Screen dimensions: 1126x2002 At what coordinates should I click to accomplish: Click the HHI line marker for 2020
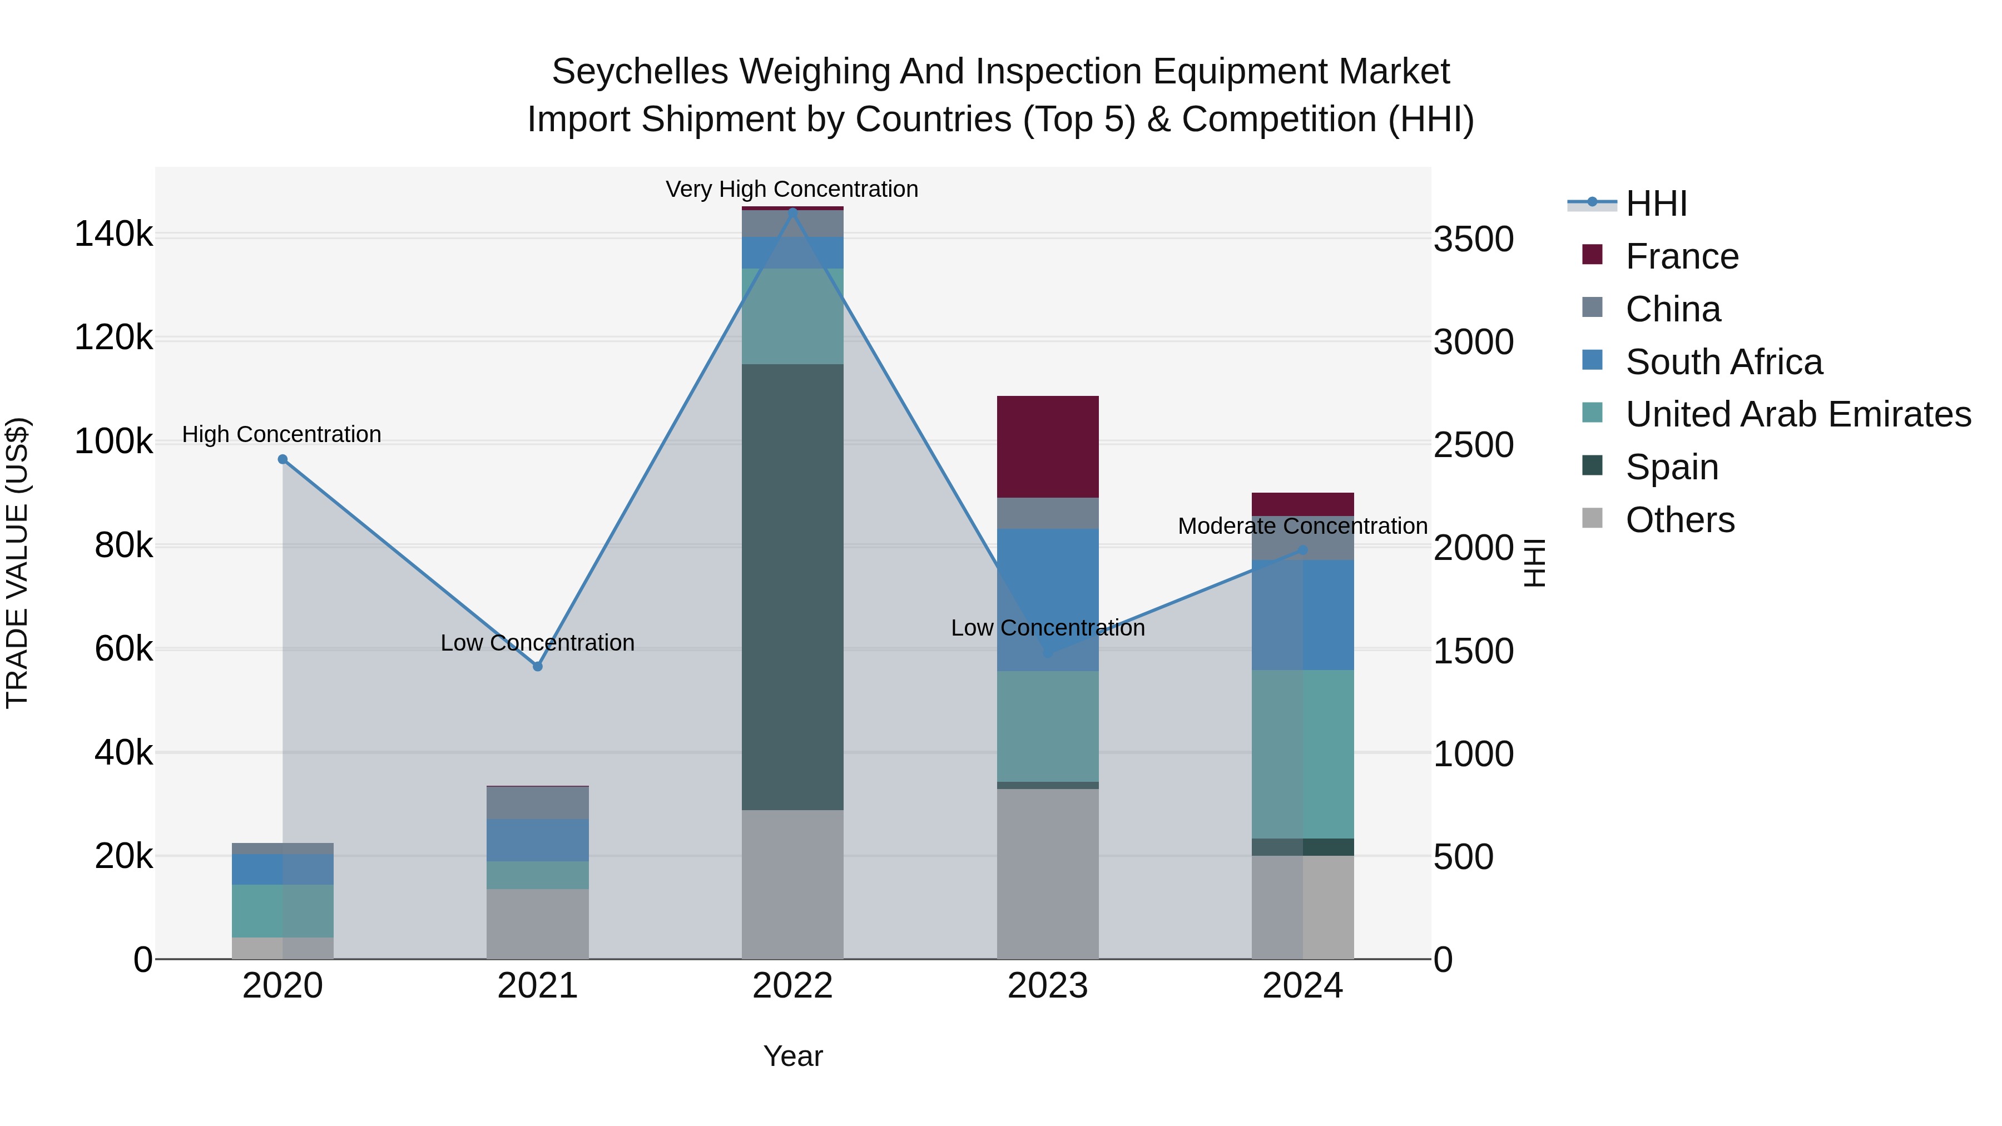click(283, 459)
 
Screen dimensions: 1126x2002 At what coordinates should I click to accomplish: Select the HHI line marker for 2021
click(537, 667)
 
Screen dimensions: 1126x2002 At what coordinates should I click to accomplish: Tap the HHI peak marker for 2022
click(792, 211)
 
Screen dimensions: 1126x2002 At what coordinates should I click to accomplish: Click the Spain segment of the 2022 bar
click(792, 587)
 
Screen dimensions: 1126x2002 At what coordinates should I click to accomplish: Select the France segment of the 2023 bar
click(1048, 447)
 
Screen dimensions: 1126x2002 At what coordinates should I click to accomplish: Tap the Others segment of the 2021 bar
click(537, 924)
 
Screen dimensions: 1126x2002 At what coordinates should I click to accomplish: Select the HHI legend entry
click(1656, 204)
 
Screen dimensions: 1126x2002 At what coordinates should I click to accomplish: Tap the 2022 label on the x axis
click(792, 986)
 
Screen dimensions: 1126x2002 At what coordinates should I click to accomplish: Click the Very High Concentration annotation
click(792, 190)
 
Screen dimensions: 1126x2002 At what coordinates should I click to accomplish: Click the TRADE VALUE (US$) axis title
click(17, 563)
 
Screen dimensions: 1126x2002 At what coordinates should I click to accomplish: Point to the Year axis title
click(792, 1056)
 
